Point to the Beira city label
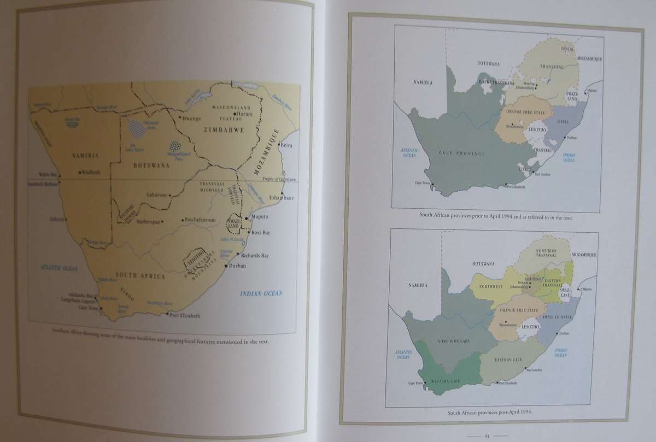(286, 145)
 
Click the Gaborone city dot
(170, 195)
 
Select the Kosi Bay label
(260, 233)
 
